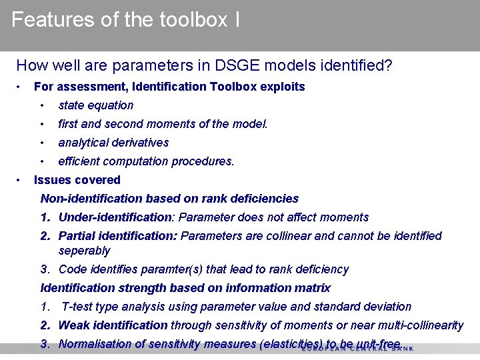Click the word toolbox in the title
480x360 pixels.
tap(194, 20)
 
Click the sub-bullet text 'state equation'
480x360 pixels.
tap(95, 105)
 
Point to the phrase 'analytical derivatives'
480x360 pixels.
tap(113, 143)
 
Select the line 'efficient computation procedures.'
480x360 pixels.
tap(146, 161)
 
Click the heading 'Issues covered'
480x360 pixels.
tap(77, 180)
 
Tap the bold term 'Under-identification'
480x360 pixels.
tap(115, 217)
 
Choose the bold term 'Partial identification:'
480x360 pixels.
tap(119, 236)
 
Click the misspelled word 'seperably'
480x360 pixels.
tap(84, 251)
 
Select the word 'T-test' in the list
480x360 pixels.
tap(77, 307)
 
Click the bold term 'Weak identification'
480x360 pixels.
tap(113, 325)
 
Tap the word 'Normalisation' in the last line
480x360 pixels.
tap(94, 344)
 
